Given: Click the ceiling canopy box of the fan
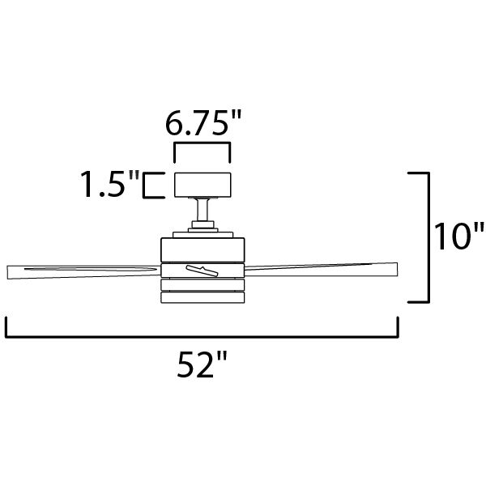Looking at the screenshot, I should (x=203, y=185).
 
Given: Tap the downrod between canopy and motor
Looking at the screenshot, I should (x=202, y=211).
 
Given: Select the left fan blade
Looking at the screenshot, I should (x=81, y=270).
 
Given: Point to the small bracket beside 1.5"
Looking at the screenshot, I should (x=151, y=185).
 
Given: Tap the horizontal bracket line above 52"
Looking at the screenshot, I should (x=202, y=335).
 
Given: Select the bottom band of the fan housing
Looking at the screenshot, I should (x=202, y=297).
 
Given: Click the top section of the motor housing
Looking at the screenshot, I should (x=202, y=249).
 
